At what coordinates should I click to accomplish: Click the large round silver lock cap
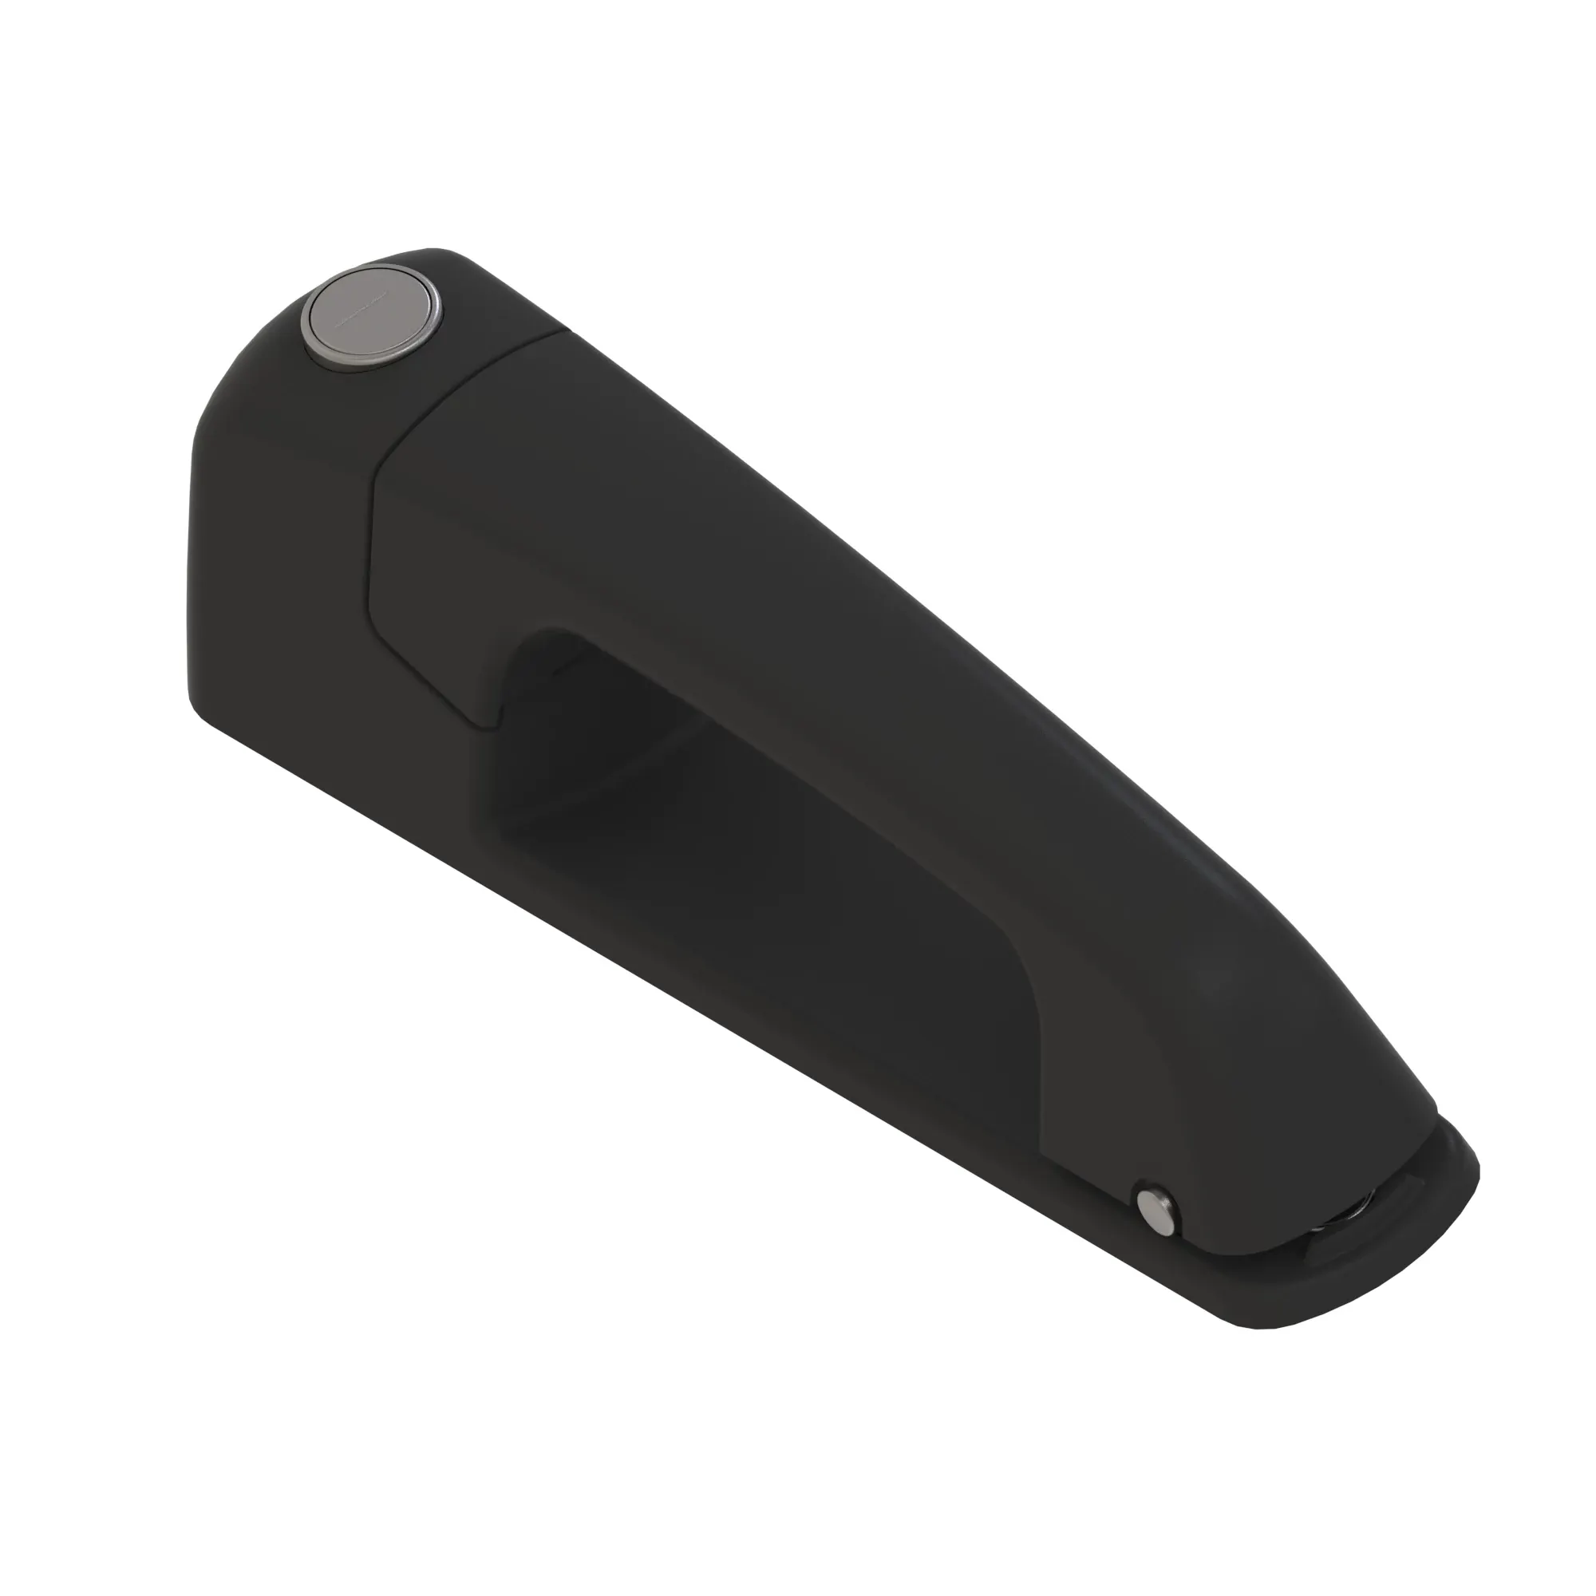click(371, 314)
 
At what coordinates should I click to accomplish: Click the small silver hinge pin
click(1157, 1213)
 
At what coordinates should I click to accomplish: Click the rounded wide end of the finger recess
click(529, 661)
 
